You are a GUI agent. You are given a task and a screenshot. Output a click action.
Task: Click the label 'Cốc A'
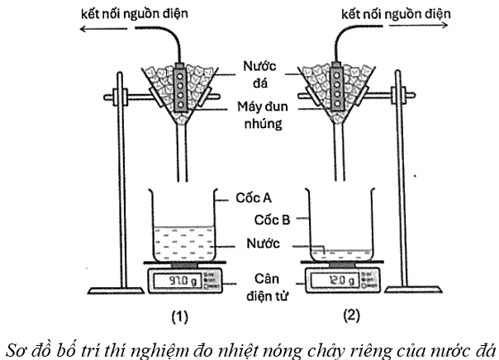pyautogui.click(x=256, y=197)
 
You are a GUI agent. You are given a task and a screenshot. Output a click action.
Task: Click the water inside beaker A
pyautogui.click(x=181, y=240)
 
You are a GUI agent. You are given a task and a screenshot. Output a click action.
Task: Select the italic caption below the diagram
pyautogui.click(x=249, y=345)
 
